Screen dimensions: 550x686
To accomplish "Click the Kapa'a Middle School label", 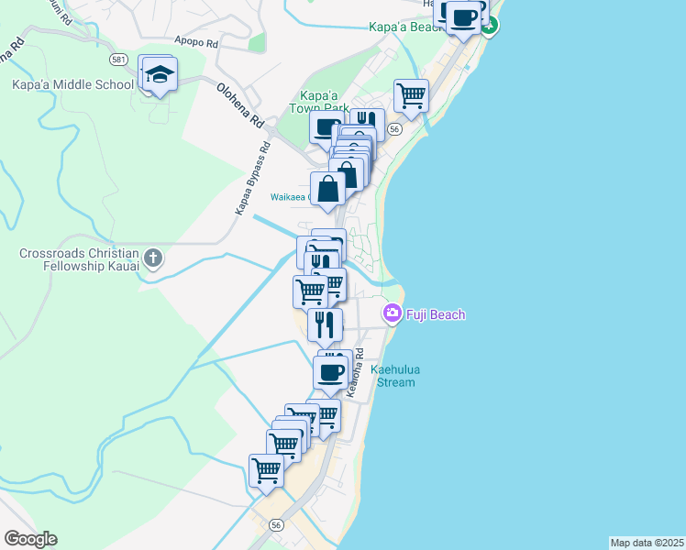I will click(72, 83).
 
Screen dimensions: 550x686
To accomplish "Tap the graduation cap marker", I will click(159, 75).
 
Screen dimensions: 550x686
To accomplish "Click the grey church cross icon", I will click(153, 258).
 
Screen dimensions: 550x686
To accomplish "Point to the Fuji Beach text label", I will click(436, 315).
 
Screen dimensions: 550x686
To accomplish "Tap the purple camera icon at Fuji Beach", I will click(393, 314).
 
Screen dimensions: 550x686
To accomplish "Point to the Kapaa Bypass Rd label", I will click(252, 179).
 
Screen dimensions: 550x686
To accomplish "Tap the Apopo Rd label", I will click(196, 42).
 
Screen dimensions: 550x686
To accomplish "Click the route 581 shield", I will click(117, 60).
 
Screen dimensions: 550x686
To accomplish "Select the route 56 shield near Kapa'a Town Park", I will click(393, 130).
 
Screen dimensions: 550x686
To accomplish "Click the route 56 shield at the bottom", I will click(276, 525).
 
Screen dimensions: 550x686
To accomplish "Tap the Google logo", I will click(30, 539).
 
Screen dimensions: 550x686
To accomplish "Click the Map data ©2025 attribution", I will click(647, 543).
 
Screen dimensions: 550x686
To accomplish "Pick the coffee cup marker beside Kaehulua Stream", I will click(330, 373).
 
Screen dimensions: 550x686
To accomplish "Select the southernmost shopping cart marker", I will click(266, 471).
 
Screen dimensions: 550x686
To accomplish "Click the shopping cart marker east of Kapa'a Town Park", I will click(412, 94).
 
